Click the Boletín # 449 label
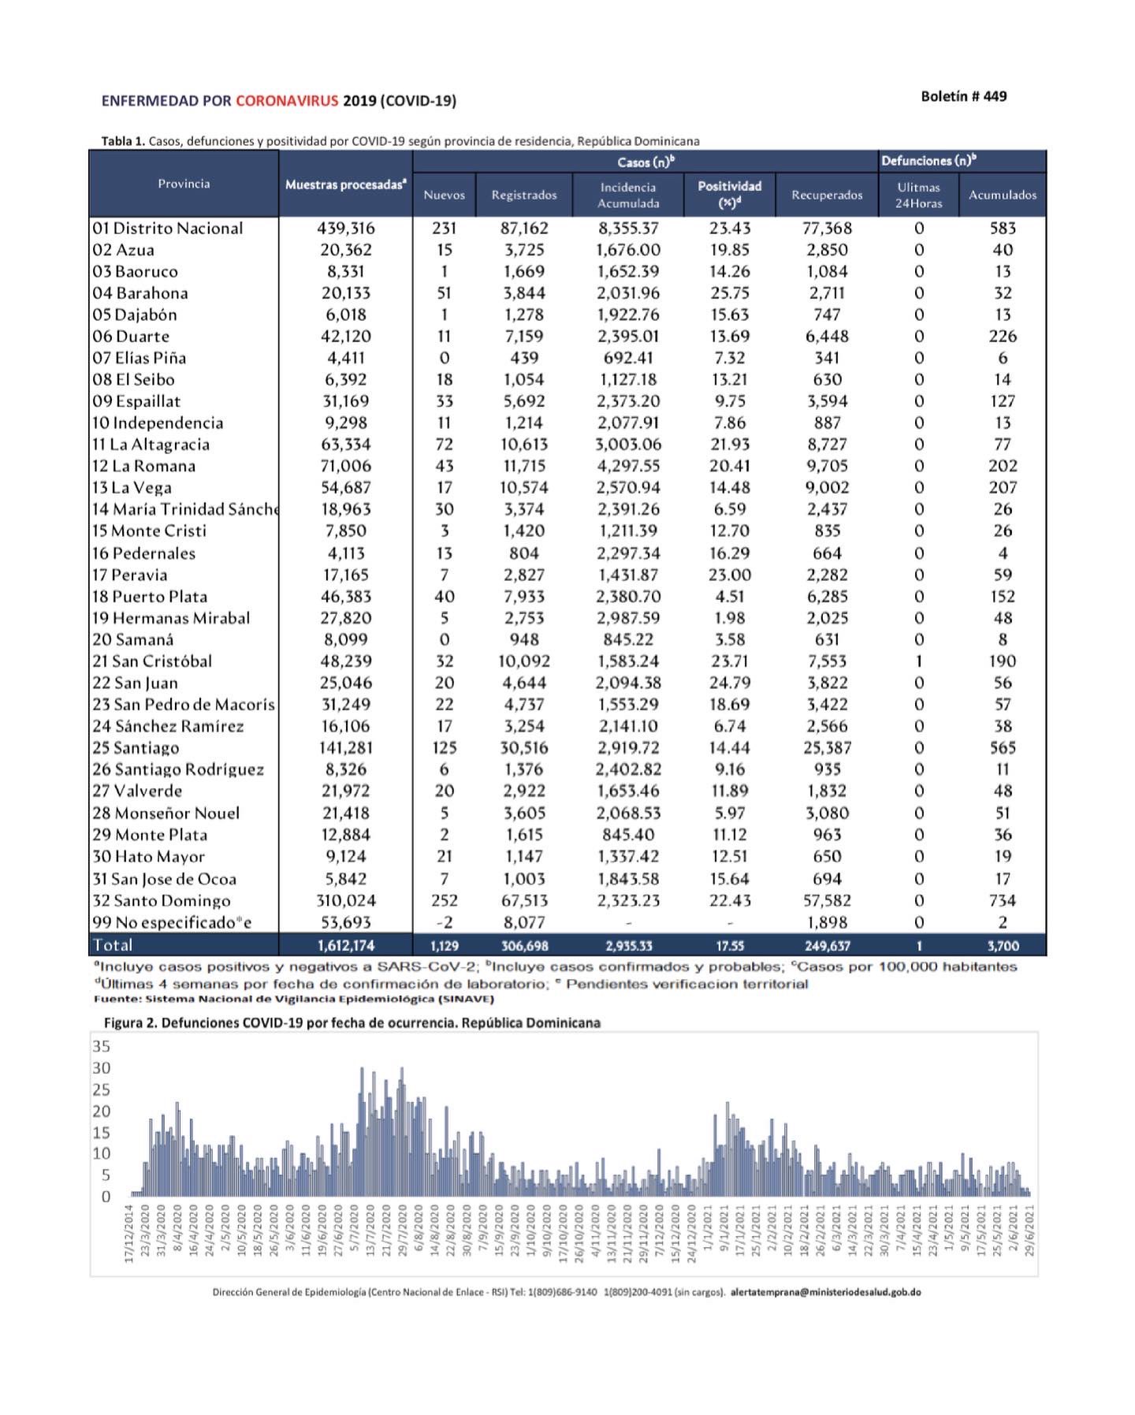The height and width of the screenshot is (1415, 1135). pyautogui.click(x=963, y=96)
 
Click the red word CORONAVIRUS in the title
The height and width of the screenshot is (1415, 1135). pyautogui.click(x=287, y=101)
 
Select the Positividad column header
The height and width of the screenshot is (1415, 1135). pyautogui.click(x=729, y=194)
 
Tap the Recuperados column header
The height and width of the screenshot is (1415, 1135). pyautogui.click(x=827, y=195)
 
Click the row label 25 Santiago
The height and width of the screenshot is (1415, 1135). pyautogui.click(x=136, y=747)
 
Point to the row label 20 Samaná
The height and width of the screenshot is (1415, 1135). pyautogui.click(x=132, y=639)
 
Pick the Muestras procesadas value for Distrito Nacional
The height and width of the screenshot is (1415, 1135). pyautogui.click(x=345, y=229)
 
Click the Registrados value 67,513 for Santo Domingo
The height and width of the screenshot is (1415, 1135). pyautogui.click(x=524, y=900)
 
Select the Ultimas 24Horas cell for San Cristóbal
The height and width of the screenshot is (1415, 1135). pyautogui.click(x=918, y=661)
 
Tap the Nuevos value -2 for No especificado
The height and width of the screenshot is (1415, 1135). pyautogui.click(x=445, y=922)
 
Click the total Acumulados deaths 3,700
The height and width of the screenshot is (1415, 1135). pyautogui.click(x=1003, y=945)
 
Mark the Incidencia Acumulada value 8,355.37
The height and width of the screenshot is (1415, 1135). pyautogui.click(x=628, y=229)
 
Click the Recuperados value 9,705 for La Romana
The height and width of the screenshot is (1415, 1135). pyautogui.click(x=827, y=466)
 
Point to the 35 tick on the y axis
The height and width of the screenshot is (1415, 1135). pyautogui.click(x=102, y=1047)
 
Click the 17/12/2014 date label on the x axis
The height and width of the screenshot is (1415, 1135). pyautogui.click(x=129, y=1234)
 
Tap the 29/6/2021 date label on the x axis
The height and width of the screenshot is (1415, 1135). pyautogui.click(x=1029, y=1234)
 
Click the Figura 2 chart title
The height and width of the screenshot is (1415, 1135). pyautogui.click(x=352, y=1023)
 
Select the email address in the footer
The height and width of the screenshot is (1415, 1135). pyautogui.click(x=825, y=1292)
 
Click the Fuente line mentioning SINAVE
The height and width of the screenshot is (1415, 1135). pyautogui.click(x=293, y=999)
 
